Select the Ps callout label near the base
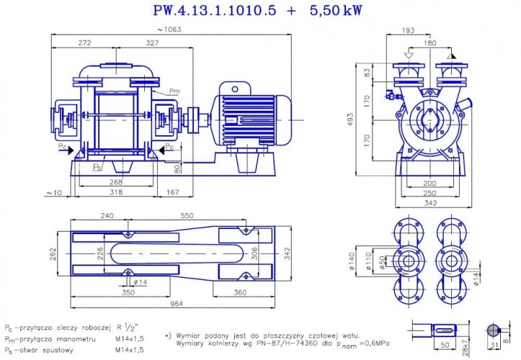(98, 166)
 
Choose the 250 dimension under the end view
(429, 193)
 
